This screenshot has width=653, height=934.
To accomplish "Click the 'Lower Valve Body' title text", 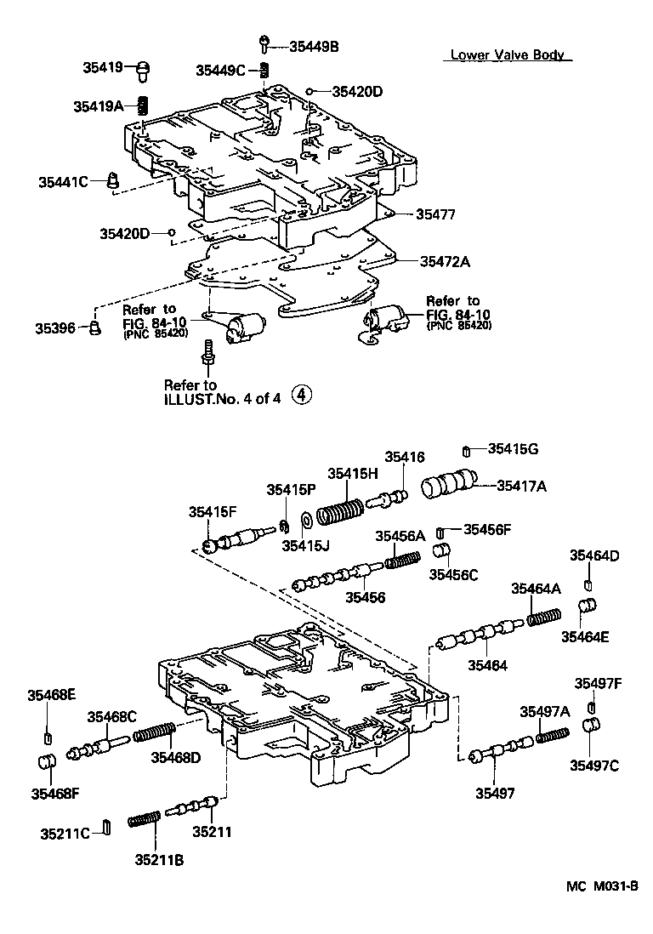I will click(x=507, y=55).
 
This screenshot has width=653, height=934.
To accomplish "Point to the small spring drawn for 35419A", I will click(x=143, y=106).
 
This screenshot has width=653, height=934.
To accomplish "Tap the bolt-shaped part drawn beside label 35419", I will click(x=143, y=69).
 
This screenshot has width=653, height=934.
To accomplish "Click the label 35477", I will click(x=435, y=215).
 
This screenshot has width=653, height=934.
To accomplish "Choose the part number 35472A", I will click(x=444, y=261).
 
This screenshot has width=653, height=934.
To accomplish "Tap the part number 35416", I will click(x=404, y=457).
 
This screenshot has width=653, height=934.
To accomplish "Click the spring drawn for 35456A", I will click(x=403, y=561).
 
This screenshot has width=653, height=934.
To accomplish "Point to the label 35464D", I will click(x=594, y=555).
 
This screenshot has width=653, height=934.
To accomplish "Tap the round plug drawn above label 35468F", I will click(x=48, y=760).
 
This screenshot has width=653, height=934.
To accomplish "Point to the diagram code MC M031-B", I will click(x=602, y=886).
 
